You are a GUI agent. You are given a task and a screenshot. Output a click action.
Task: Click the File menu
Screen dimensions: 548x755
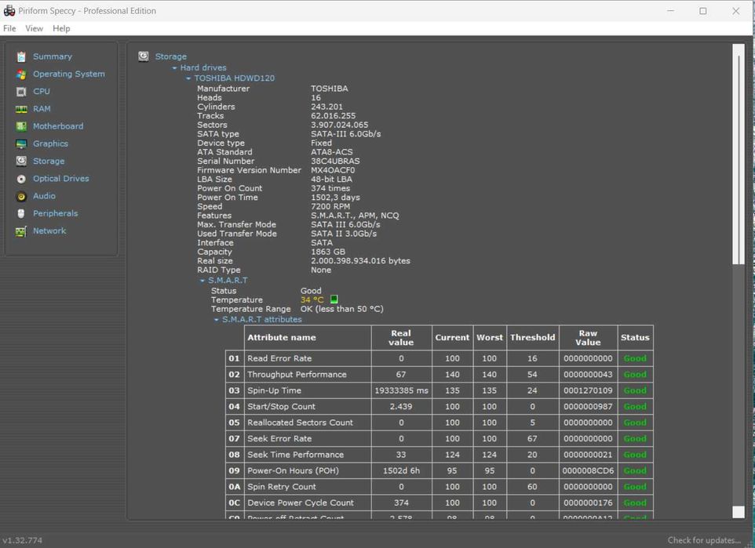click(x=9, y=28)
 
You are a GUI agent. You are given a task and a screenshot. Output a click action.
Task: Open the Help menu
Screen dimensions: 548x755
click(x=61, y=28)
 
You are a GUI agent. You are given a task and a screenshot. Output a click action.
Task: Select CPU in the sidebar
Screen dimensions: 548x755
click(x=41, y=91)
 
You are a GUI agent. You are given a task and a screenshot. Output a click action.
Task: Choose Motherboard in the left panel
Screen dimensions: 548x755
click(x=57, y=126)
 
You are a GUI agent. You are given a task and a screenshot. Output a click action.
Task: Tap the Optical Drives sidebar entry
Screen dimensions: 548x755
click(x=60, y=179)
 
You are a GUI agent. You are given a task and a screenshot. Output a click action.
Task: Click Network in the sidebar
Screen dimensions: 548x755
click(x=49, y=230)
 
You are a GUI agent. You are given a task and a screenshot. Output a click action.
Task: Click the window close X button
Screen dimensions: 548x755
click(x=735, y=11)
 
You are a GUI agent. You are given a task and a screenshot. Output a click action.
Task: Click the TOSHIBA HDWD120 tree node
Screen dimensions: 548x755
click(x=234, y=78)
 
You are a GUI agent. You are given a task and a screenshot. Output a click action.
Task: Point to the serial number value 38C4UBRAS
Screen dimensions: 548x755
click(x=335, y=161)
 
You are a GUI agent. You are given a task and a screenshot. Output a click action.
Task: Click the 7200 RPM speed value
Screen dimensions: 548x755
click(x=331, y=207)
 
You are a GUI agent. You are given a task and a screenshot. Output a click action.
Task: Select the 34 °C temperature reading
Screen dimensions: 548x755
click(x=312, y=300)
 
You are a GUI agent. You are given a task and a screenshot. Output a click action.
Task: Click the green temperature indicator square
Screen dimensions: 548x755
click(x=334, y=299)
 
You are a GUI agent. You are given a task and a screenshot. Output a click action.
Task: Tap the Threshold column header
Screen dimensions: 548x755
click(x=532, y=338)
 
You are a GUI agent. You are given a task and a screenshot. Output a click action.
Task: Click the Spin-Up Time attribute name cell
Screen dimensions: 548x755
click(x=274, y=390)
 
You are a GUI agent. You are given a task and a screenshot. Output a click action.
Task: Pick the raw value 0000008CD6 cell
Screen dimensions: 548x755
click(x=588, y=471)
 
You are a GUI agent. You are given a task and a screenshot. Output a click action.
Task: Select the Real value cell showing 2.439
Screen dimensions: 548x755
click(x=400, y=407)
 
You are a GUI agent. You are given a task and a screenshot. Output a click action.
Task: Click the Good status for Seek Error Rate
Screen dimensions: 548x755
click(x=635, y=439)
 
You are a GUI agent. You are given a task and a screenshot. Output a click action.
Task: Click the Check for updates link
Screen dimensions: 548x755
click(x=704, y=540)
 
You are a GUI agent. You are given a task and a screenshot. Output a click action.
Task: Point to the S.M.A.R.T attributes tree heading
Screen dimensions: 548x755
click(x=261, y=320)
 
